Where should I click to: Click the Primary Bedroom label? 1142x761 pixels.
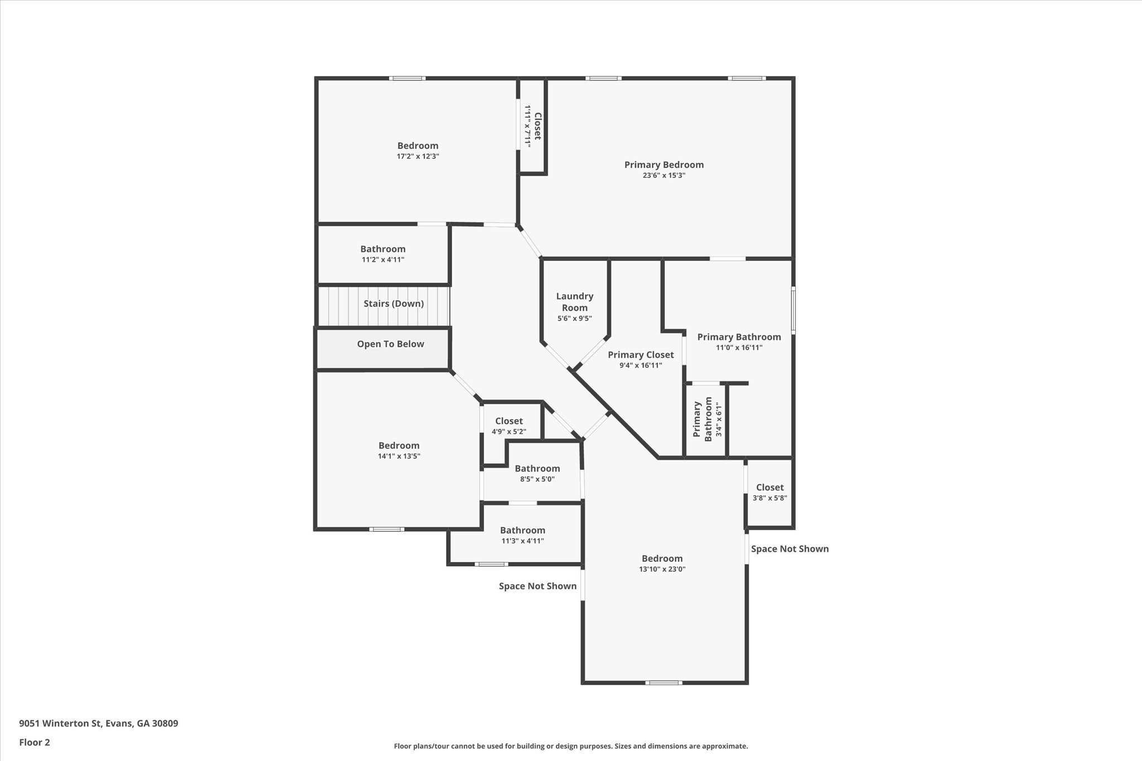(664, 164)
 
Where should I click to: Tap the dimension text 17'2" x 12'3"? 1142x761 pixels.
(418, 157)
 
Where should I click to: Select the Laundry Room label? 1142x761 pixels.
(574, 302)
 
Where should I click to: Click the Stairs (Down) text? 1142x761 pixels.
(394, 304)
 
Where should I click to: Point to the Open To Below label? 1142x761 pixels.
(390, 344)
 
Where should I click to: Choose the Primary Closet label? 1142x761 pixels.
(641, 355)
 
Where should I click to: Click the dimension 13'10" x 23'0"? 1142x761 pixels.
(662, 569)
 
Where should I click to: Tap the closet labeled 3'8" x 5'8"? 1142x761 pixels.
(770, 492)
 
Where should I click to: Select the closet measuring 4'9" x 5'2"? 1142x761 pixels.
(509, 426)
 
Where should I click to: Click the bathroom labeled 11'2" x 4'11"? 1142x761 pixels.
(383, 254)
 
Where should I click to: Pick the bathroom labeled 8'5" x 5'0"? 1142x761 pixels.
(537, 473)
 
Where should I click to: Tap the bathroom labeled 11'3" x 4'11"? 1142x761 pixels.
(522, 535)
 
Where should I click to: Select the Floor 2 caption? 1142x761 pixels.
(35, 742)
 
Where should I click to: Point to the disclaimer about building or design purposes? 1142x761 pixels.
(570, 746)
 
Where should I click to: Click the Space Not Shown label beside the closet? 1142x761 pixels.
(790, 549)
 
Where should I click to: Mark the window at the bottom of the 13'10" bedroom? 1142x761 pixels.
(664, 682)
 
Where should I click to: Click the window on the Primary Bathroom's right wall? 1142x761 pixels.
(793, 311)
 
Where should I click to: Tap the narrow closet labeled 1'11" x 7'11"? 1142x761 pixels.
(533, 126)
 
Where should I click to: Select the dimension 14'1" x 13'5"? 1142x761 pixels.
(399, 456)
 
